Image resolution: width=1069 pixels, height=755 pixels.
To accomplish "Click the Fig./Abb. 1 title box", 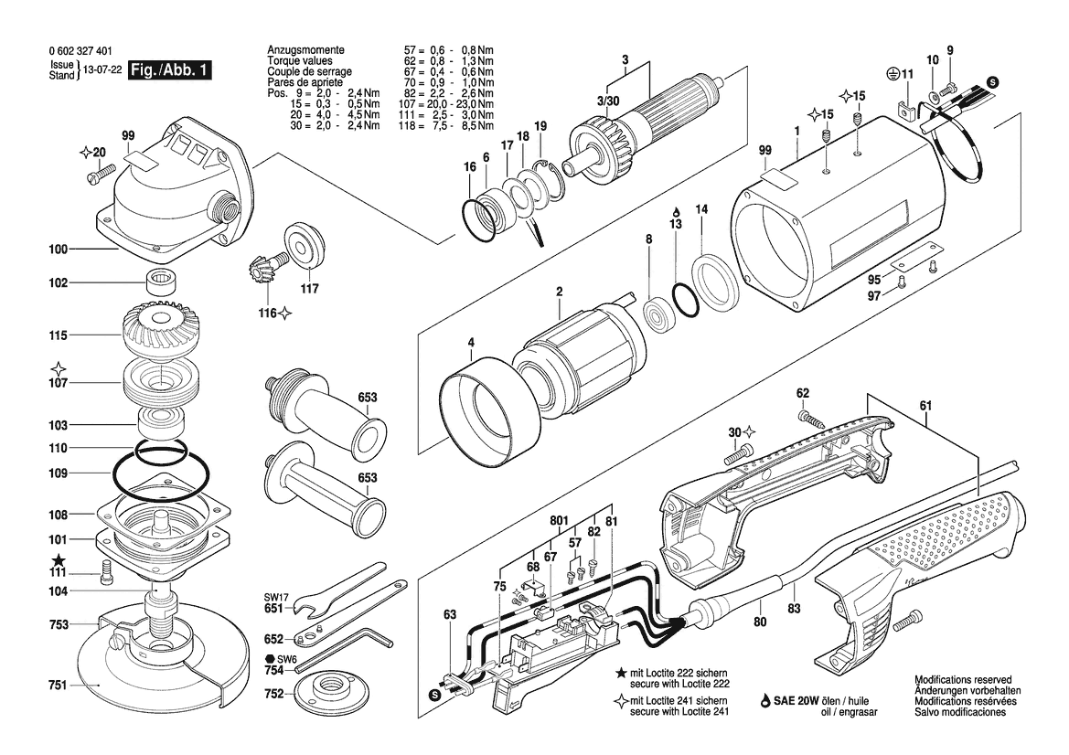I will tap(170, 70).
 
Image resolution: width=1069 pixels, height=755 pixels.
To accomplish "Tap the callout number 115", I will tap(59, 336).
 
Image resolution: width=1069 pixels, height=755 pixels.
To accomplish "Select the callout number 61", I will tap(925, 405).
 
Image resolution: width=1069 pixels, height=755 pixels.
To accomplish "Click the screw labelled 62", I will tap(808, 420).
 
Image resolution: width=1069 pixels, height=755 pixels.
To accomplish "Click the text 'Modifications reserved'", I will tap(963, 681).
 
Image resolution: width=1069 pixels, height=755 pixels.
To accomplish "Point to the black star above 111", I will tap(59, 559).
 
